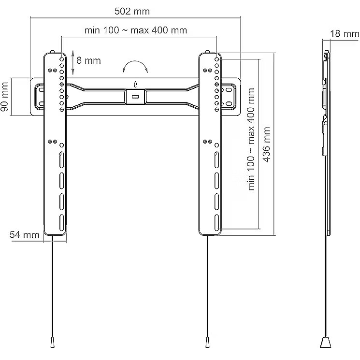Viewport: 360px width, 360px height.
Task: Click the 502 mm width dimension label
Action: [132, 11]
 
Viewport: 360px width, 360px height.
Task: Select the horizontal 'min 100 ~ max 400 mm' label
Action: [136, 30]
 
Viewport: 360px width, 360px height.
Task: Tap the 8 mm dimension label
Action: [88, 60]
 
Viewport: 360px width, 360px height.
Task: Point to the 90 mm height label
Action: [5, 97]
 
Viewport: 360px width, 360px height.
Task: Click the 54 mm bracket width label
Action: [24, 235]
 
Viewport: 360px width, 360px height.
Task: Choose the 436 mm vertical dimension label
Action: [266, 144]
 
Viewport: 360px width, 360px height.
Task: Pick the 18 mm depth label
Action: [345, 34]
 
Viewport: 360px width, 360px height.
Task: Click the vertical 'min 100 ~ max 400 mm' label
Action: [251, 139]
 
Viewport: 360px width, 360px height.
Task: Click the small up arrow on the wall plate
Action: [135, 84]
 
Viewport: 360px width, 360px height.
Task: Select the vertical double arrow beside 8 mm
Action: [73, 62]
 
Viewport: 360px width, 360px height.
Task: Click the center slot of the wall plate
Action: [135, 97]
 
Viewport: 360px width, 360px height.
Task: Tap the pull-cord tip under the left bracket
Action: [52, 343]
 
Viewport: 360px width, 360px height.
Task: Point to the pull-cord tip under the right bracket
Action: [207, 343]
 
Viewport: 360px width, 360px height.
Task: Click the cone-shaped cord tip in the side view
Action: [325, 342]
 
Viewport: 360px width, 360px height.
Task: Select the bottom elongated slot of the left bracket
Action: [62, 223]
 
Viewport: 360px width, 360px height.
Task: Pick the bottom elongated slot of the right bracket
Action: [217, 223]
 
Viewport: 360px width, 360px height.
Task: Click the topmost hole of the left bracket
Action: [61, 59]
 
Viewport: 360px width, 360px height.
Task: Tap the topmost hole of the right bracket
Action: [216, 59]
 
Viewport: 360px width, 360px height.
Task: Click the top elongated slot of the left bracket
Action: [62, 160]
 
